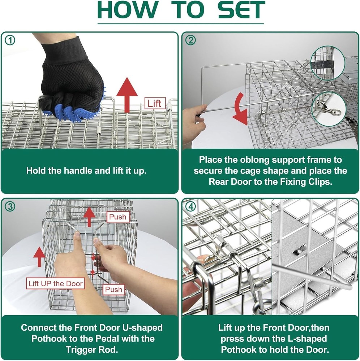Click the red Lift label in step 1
click(154, 104)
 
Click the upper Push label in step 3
click(118, 217)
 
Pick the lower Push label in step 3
click(114, 290)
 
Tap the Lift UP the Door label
click(56, 283)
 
